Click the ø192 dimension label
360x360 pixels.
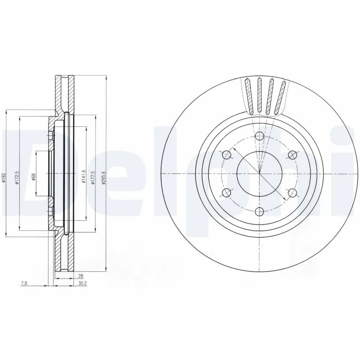[4, 178]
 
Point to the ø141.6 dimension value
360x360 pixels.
[83, 177]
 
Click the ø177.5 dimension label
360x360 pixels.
[93, 177]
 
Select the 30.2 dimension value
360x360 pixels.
[82, 284]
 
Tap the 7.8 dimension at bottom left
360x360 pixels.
[24, 284]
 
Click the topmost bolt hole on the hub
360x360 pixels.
[260, 137]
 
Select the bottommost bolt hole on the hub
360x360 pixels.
[260, 211]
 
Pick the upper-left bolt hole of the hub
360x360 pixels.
[227, 155]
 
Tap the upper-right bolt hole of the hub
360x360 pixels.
[292, 155]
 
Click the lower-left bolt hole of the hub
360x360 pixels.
[227, 193]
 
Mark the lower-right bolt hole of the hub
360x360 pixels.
[292, 193]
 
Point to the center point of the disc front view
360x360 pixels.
[260, 174]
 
